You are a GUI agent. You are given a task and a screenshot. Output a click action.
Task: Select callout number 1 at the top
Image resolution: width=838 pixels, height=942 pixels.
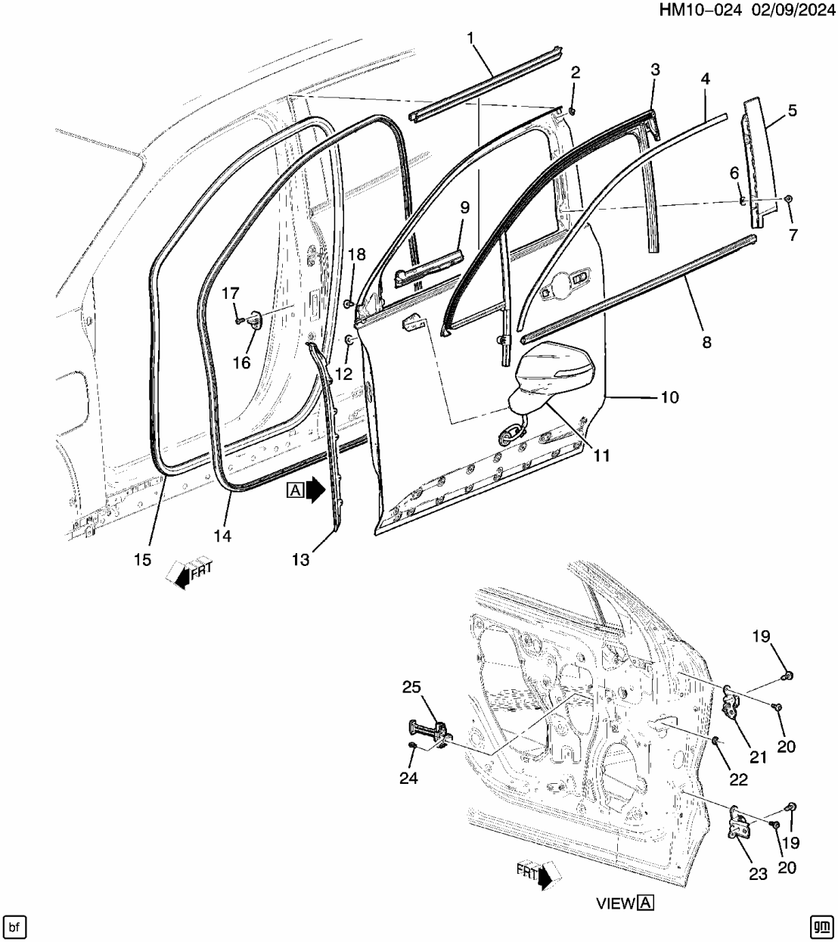coord(470,38)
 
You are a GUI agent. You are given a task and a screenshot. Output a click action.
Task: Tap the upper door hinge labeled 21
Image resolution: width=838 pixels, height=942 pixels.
coord(731,701)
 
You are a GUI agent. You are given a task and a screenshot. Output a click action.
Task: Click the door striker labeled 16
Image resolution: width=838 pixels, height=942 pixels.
coord(254,321)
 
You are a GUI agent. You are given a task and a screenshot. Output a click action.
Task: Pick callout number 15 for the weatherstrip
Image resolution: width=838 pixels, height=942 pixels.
coord(142,560)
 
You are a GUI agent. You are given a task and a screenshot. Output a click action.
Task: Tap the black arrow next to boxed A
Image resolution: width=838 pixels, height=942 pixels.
coord(315,490)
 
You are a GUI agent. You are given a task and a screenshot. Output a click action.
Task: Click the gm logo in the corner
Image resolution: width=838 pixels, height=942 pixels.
coord(821,925)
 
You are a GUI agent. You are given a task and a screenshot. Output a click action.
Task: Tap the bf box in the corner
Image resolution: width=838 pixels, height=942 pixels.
coord(16,925)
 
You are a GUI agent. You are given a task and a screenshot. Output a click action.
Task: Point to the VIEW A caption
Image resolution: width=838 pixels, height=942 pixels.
coord(624,903)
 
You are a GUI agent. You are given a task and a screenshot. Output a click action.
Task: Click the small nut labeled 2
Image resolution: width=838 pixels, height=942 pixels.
coord(573,111)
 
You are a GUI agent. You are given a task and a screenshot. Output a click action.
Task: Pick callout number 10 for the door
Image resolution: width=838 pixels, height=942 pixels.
coord(669,397)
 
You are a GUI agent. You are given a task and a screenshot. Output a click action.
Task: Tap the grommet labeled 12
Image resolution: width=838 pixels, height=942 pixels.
coord(349,340)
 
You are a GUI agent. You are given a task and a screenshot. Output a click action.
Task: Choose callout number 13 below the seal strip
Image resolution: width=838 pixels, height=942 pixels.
coord(300,559)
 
